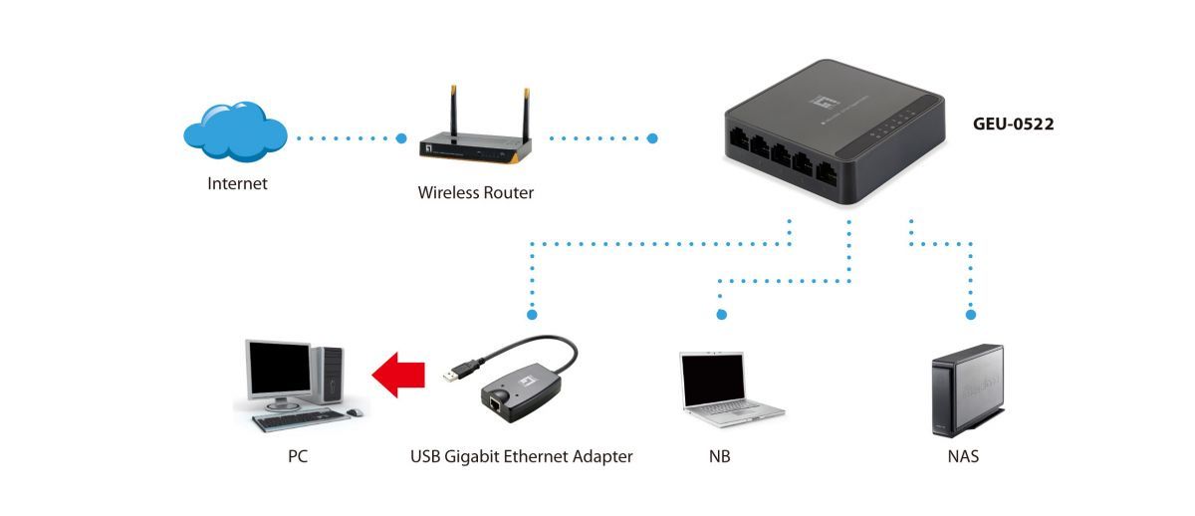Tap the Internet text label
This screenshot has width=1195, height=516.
[x=237, y=183]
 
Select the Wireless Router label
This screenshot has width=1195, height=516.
[x=475, y=193]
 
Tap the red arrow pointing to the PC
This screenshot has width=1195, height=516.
[x=399, y=376]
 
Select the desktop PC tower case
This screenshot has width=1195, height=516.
[x=330, y=376]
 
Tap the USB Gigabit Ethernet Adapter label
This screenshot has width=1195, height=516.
[x=521, y=457]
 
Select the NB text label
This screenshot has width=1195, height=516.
[x=720, y=457]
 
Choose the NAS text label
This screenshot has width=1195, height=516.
[x=963, y=457]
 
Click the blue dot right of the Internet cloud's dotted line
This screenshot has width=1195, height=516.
[x=401, y=137]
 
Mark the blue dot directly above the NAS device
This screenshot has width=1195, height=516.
[x=969, y=315]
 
